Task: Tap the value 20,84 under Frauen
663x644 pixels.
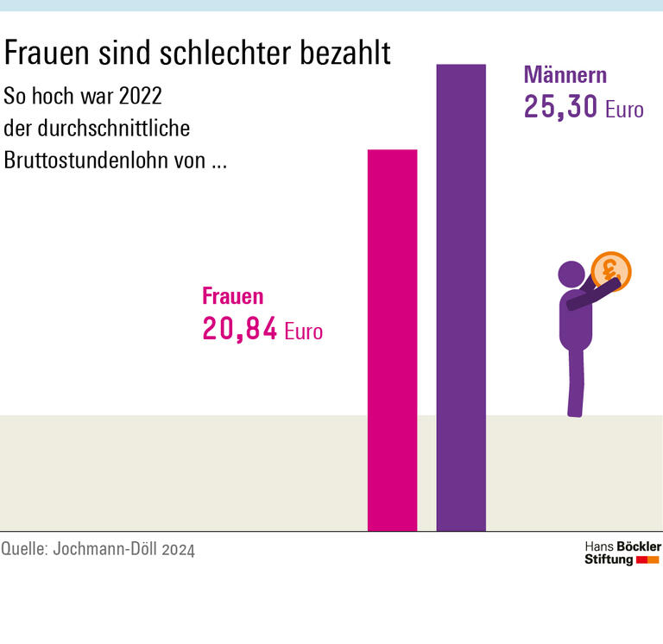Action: click(x=239, y=329)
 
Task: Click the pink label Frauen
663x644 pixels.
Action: click(x=232, y=296)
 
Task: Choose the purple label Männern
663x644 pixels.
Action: click(x=565, y=75)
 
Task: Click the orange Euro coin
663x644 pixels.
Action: click(x=611, y=270)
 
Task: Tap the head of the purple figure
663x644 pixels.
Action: click(x=571, y=275)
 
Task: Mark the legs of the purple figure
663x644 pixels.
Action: click(x=574, y=384)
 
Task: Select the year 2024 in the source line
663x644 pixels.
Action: click(x=179, y=549)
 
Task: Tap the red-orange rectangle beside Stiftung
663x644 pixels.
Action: click(x=647, y=560)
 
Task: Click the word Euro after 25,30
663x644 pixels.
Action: click(x=624, y=110)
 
